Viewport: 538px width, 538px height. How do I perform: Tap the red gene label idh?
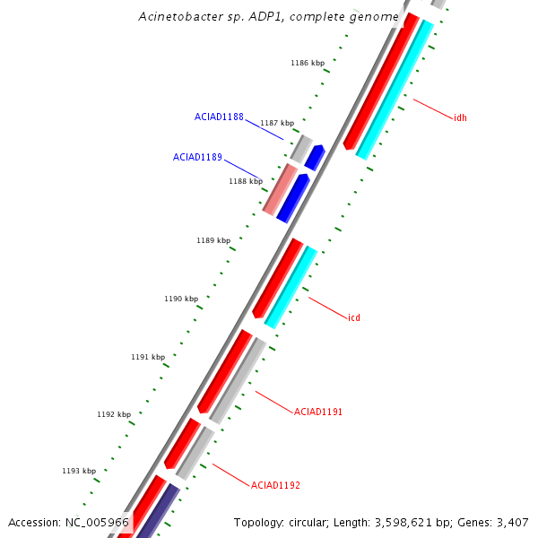click(x=460, y=117)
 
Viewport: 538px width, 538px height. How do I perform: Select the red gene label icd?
click(x=354, y=317)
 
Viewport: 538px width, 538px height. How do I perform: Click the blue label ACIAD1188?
click(x=219, y=117)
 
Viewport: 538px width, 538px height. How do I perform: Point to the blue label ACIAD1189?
click(x=197, y=157)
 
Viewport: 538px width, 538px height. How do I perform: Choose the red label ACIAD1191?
click(x=318, y=412)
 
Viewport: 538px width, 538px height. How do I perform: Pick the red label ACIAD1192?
click(x=275, y=485)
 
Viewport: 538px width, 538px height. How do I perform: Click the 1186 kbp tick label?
click(x=307, y=63)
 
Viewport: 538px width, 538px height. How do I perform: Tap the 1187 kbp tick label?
click(x=276, y=123)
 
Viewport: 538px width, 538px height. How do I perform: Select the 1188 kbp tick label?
click(x=246, y=181)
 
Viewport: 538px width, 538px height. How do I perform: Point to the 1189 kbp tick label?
click(x=213, y=240)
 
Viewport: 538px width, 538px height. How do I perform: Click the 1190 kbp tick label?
click(x=180, y=299)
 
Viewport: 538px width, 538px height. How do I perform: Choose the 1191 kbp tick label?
click(x=148, y=357)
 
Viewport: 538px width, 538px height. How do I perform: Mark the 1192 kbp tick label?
click(x=114, y=414)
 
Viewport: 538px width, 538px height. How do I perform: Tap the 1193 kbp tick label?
click(x=79, y=471)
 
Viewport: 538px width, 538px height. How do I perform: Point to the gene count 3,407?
click(x=512, y=522)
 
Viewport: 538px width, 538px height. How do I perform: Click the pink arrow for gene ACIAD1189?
click(x=280, y=190)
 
